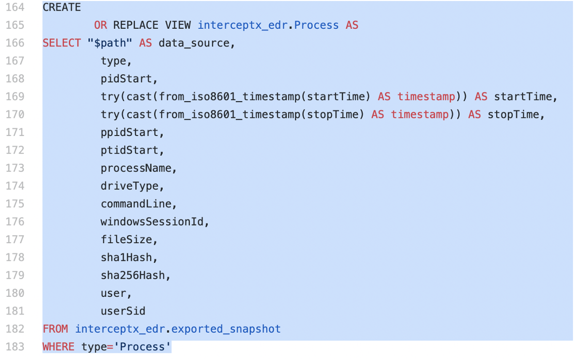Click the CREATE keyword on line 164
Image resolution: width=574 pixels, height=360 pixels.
pos(62,7)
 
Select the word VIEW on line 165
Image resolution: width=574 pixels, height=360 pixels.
pos(178,25)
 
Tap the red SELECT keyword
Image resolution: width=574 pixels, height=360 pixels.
pos(62,43)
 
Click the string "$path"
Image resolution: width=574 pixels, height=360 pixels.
pos(110,43)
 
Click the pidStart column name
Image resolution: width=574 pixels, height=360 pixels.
pos(126,79)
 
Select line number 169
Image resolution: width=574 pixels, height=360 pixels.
pos(15,97)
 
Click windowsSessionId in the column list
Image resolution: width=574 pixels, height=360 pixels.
pos(152,222)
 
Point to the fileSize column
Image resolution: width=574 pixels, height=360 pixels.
pos(126,240)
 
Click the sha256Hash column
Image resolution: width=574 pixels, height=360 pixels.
pos(133,276)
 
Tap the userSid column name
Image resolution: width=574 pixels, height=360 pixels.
pos(123,311)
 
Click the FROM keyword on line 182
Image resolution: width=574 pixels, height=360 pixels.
pos(55,329)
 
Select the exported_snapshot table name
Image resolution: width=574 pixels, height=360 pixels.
pos(226,329)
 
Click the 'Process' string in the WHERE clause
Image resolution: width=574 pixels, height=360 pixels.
pos(142,347)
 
